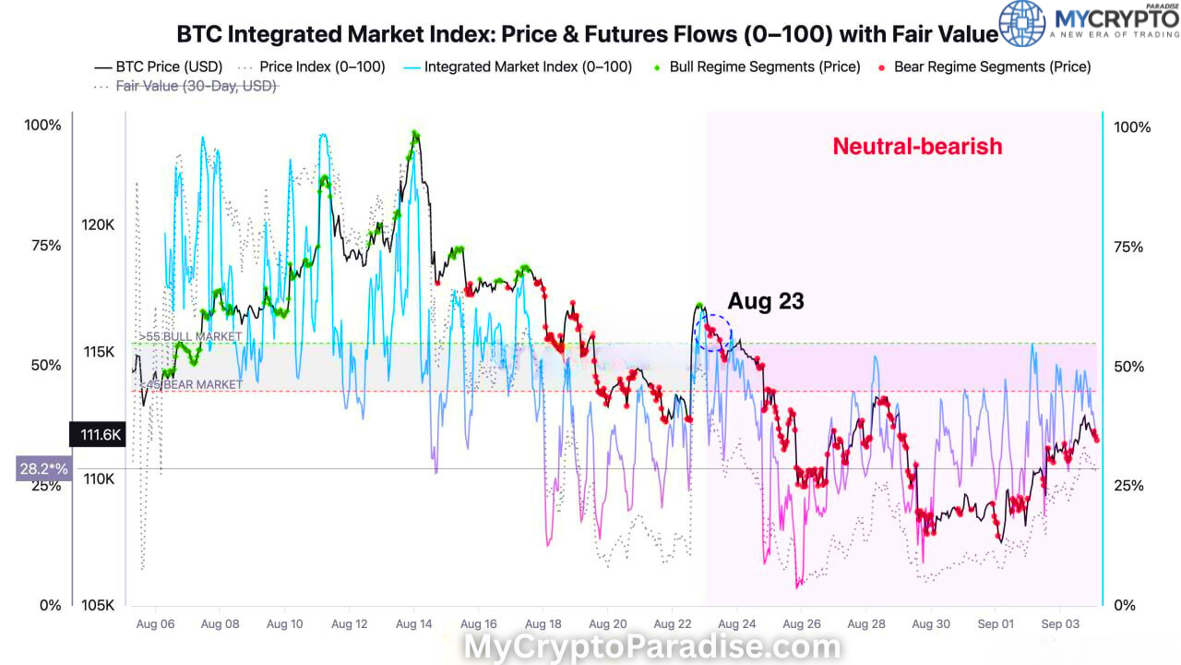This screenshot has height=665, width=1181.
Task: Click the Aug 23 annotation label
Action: (765, 301)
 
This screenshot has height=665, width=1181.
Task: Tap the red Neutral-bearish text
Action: (917, 146)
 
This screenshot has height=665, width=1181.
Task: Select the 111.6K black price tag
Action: (96, 435)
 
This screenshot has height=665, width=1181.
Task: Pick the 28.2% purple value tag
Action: (43, 469)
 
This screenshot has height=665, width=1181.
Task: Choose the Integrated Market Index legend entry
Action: (527, 66)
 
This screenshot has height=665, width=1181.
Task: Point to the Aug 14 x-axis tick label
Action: (414, 624)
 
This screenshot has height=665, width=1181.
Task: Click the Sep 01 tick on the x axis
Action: (996, 624)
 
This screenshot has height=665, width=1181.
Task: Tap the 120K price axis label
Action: (97, 224)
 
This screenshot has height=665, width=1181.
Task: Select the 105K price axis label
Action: (97, 605)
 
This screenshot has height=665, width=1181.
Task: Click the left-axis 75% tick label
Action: (44, 246)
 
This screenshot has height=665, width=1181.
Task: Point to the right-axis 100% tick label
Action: (1133, 127)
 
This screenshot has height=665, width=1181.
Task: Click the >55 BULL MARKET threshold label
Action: (191, 336)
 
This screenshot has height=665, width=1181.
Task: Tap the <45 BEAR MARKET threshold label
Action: (191, 384)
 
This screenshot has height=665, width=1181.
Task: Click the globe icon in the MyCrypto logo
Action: (1022, 23)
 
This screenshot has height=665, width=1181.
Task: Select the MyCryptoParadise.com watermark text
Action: (651, 647)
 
